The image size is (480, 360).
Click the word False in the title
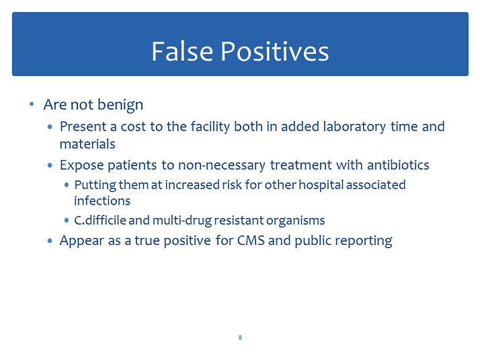182,51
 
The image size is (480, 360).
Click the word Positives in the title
275,51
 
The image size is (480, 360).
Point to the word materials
87,144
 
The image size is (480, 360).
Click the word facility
210,127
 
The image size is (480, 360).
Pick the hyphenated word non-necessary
222,166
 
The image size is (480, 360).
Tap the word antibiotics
398,165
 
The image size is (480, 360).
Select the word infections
102,201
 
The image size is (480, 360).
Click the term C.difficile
100,220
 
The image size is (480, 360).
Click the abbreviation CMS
251,240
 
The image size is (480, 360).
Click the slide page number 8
240,338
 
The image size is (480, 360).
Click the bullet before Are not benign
32,104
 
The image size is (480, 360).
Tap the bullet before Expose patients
50,166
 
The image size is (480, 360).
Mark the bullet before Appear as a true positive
50,241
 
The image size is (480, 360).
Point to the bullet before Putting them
67,185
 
